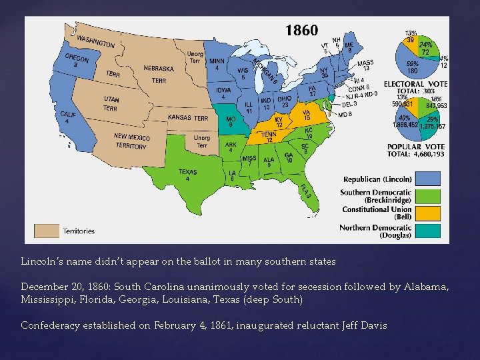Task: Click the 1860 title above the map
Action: [301, 31]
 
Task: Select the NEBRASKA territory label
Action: [159, 68]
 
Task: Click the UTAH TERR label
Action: [111, 103]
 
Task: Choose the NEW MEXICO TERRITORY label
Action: [131, 141]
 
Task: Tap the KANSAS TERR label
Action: [188, 118]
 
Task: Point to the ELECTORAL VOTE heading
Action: [415, 84]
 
